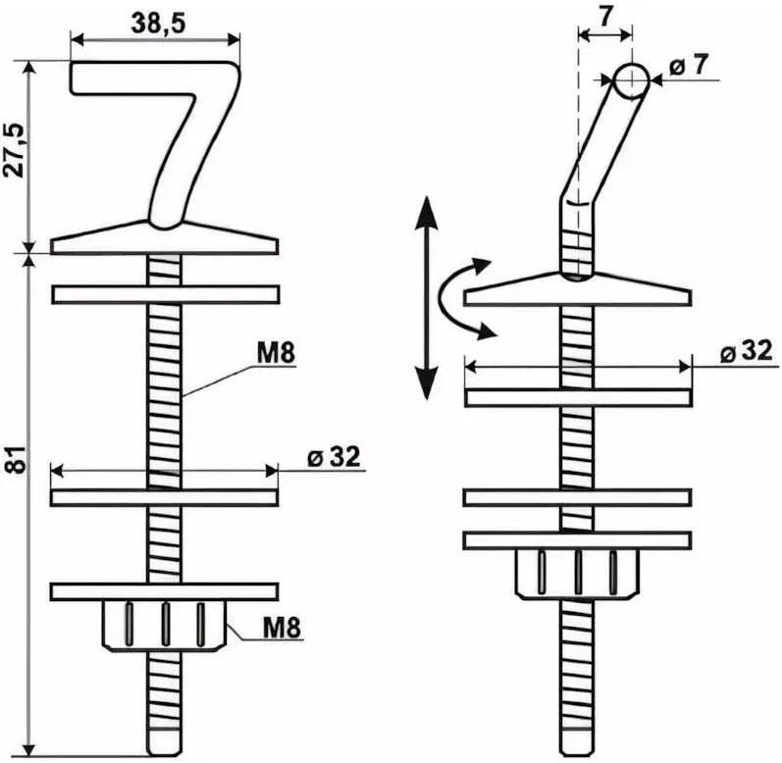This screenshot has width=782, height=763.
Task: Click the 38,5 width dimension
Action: (x=158, y=23)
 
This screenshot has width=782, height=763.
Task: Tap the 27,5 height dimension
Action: (x=15, y=149)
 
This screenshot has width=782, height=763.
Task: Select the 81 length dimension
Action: (x=16, y=460)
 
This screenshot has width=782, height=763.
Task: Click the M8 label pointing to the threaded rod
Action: (x=276, y=353)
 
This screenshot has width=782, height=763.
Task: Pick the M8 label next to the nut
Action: (x=282, y=627)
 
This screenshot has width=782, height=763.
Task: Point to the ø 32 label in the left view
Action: (x=334, y=456)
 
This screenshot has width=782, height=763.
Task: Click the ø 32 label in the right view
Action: (x=746, y=351)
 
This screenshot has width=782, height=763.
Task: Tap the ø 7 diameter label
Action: (x=688, y=65)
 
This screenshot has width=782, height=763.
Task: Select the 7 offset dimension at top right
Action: (x=605, y=16)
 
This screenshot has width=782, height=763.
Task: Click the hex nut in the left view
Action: (x=165, y=625)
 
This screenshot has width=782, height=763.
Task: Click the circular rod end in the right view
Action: (x=631, y=80)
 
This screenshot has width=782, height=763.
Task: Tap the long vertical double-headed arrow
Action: (x=427, y=297)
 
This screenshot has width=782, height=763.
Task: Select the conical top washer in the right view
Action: (x=578, y=288)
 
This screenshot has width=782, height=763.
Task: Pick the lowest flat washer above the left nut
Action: (x=165, y=591)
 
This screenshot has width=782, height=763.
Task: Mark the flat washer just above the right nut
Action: (x=578, y=540)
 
